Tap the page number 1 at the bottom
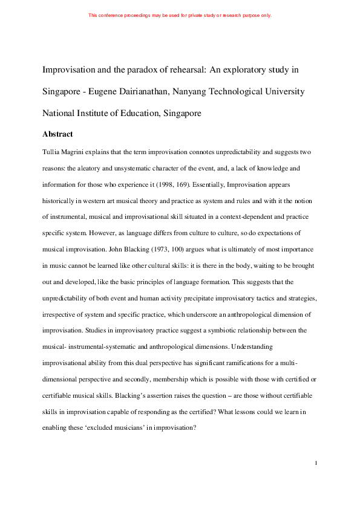point(316,464)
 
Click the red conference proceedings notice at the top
point(180,15)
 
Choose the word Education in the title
point(136,113)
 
